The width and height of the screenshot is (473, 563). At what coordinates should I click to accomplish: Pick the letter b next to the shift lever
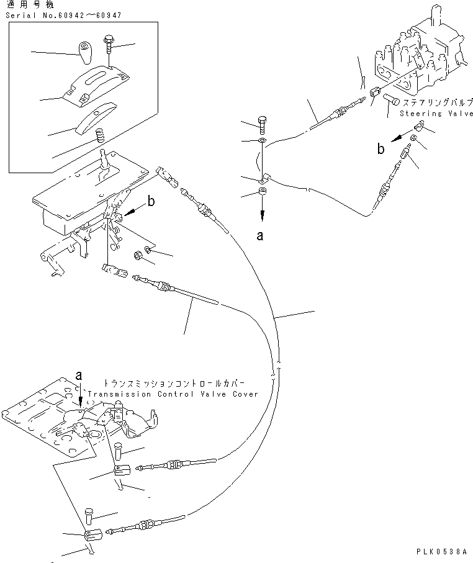pos(151,201)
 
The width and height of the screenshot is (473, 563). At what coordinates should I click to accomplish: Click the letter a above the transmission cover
pos(79,375)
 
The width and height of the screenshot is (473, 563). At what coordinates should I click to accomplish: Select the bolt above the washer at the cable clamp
pos(261,124)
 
